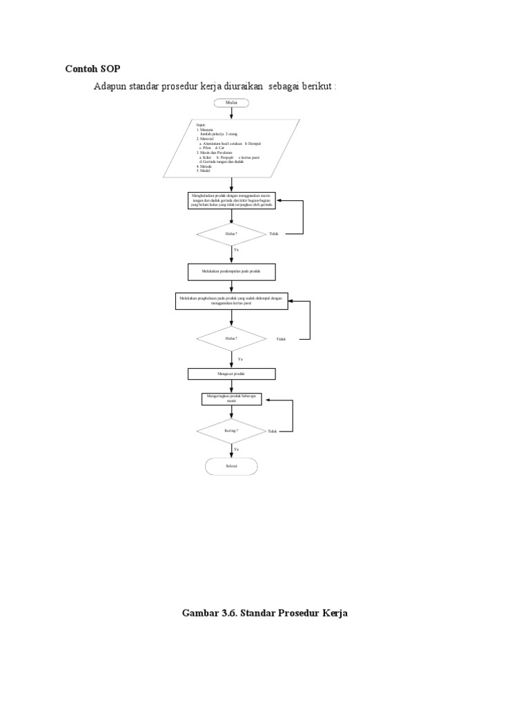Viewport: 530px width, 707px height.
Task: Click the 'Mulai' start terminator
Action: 232,104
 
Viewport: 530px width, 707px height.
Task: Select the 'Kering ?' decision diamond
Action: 232,430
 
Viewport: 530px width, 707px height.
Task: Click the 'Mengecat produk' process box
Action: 232,374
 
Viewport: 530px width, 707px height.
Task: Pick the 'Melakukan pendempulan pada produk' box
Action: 232,271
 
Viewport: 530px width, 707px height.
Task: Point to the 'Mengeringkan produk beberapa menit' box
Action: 232,399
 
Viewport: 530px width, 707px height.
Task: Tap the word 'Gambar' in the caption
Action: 204,612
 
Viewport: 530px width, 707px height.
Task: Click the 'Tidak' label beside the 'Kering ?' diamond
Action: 272,431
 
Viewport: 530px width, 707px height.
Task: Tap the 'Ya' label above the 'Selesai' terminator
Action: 236,449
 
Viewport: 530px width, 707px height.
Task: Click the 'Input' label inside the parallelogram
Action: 200,125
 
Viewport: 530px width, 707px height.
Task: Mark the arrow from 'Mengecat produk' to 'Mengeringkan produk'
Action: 232,386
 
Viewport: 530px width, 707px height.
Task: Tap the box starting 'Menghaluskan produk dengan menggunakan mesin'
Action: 232,200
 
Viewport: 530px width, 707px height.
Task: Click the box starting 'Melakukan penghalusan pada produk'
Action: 232,300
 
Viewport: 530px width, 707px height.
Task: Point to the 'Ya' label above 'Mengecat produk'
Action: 240,359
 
